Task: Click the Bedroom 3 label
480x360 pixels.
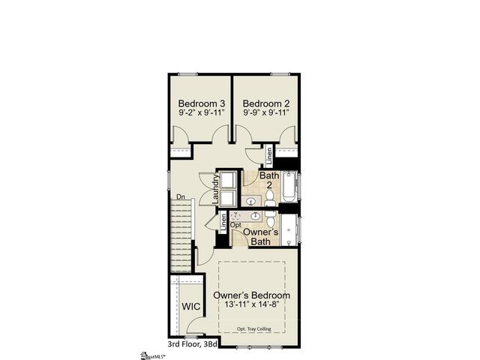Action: point(202,103)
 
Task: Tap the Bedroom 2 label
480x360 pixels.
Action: point(266,103)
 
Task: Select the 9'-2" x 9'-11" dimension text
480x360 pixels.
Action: point(202,112)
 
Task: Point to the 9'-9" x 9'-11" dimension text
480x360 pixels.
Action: point(266,112)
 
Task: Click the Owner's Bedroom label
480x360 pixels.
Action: point(252,295)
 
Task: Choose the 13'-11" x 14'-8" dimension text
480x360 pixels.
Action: point(252,305)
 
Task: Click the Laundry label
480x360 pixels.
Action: point(215,190)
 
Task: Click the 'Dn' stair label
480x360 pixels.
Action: point(180,197)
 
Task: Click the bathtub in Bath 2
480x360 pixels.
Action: point(289,187)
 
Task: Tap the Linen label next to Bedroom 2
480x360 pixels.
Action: point(269,155)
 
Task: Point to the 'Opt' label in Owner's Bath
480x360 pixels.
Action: point(235,224)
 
